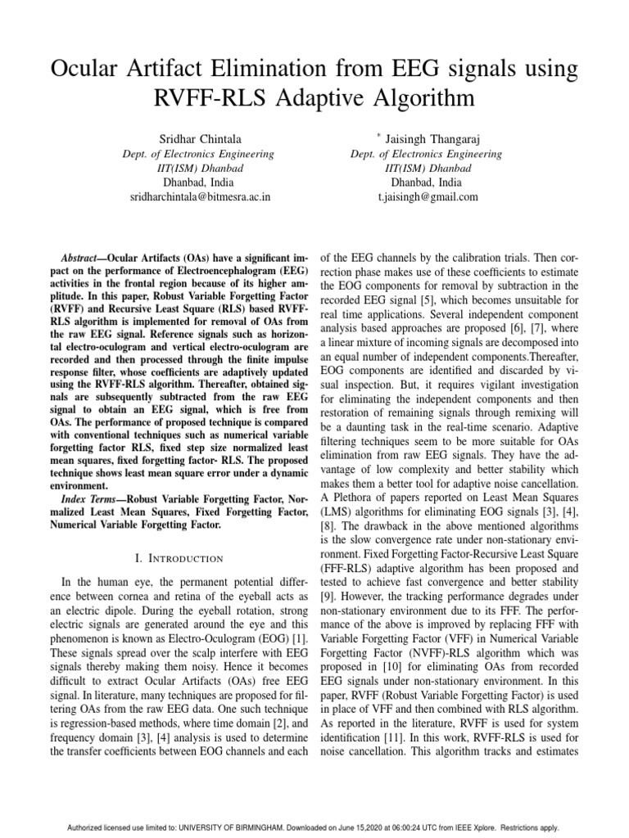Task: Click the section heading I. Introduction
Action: click(178, 558)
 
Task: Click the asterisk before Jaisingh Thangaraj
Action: click(378, 132)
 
